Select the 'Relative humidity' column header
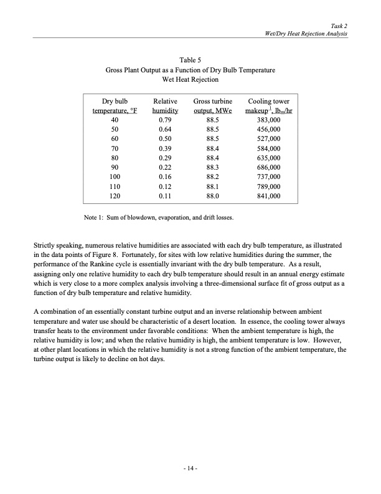pos(164,105)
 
